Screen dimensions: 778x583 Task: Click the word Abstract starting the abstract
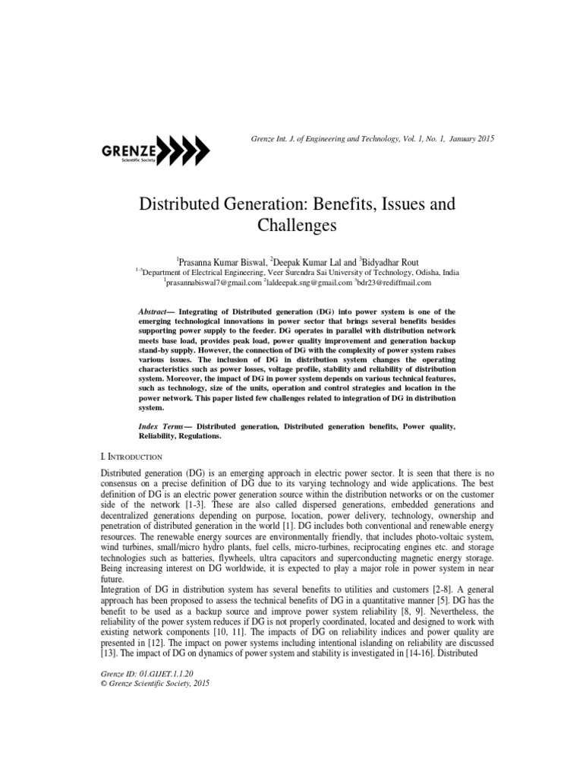[156, 312]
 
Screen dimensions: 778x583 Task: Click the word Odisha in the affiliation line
[425, 271]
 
